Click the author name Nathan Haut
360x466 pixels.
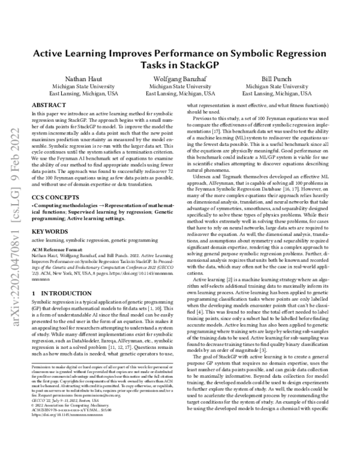pyautogui.click(x=81, y=79)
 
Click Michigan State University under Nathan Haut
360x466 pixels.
pyautogui.click(x=81, y=87)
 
